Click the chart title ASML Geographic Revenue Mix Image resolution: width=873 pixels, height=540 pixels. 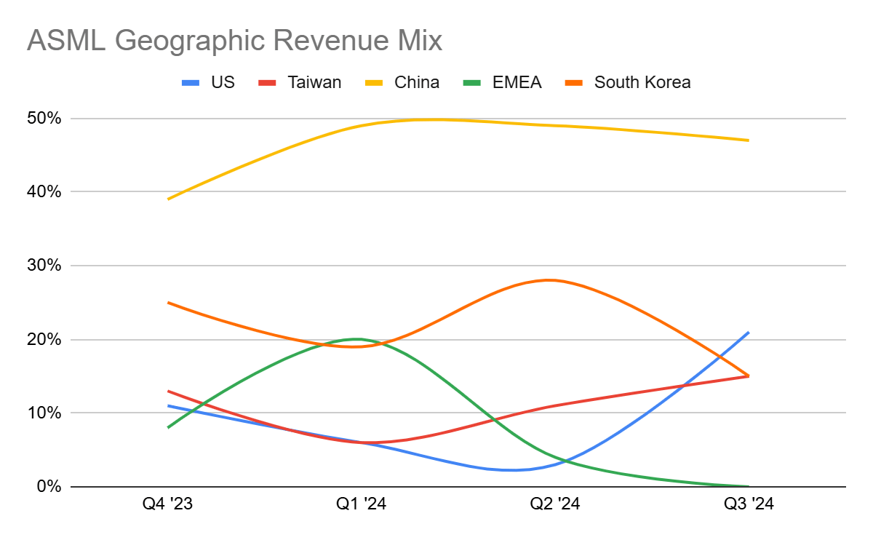point(234,41)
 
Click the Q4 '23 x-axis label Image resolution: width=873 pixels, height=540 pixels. point(168,504)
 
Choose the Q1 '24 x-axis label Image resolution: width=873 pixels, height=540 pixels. point(362,504)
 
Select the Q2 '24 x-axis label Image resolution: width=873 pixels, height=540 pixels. point(555,504)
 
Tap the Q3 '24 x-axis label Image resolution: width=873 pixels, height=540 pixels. point(749,504)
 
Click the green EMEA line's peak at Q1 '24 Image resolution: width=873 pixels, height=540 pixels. point(358,339)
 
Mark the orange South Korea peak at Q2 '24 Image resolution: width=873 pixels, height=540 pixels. point(549,280)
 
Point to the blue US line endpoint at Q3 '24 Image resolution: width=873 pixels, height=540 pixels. point(749,332)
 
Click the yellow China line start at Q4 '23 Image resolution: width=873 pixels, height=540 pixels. point(169,199)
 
